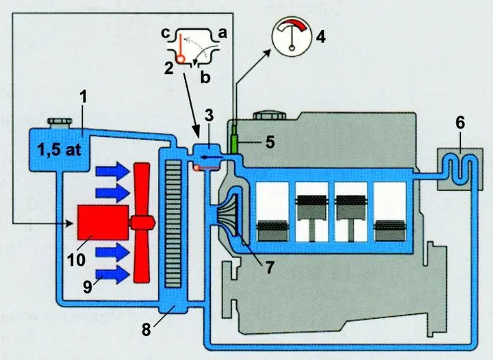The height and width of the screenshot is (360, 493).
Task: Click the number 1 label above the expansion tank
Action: click(x=83, y=98)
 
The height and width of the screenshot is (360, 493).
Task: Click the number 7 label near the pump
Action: click(x=270, y=269)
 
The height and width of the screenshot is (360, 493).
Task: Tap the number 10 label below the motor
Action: click(x=75, y=260)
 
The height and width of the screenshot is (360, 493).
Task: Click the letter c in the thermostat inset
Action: click(x=164, y=32)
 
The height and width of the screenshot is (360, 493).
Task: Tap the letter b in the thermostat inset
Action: click(x=205, y=77)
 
